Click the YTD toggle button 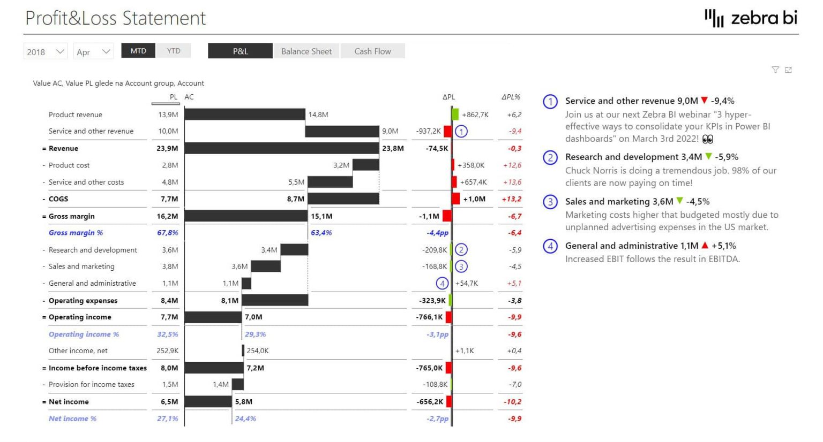(x=173, y=51)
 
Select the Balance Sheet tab (x=306, y=51)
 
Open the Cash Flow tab (x=372, y=51)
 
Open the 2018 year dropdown (x=46, y=52)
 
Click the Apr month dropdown (x=93, y=52)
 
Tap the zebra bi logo (x=751, y=18)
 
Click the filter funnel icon (x=775, y=70)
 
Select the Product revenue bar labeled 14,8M (x=245, y=115)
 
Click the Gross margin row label (x=71, y=216)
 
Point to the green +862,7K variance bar (x=455, y=115)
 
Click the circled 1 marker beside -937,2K (x=461, y=131)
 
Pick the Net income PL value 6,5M (x=169, y=402)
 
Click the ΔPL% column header (x=511, y=97)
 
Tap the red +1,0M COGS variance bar (x=456, y=199)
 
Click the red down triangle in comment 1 (x=705, y=101)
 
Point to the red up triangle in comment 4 (x=705, y=246)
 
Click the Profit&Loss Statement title (x=115, y=18)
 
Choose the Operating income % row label (x=84, y=334)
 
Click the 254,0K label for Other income (x=258, y=351)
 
